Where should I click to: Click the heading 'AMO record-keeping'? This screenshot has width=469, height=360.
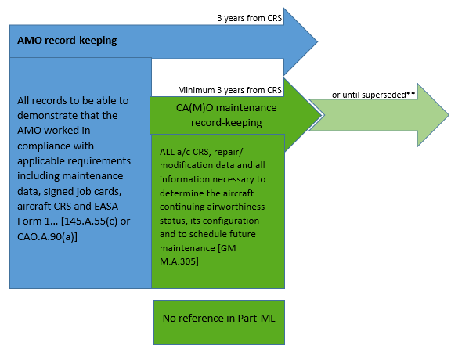pos(67,41)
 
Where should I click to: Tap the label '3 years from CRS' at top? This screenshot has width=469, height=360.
pos(250,18)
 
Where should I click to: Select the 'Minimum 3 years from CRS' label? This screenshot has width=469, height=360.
pos(229,90)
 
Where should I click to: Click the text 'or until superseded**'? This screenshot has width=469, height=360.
pos(373,95)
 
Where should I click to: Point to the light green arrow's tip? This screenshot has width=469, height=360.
pos(449,115)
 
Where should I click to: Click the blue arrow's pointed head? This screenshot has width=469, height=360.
pos(317,41)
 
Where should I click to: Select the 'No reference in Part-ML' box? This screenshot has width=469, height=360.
pos(219,322)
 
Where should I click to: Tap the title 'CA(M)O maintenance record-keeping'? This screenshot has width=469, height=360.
pos(226,115)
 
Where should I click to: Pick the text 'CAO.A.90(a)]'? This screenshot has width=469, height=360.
pos(47,236)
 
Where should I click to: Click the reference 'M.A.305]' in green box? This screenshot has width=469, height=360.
pos(179,261)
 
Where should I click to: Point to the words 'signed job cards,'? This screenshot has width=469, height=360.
pos(83,192)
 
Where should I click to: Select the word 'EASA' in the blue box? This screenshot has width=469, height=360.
pos(106,207)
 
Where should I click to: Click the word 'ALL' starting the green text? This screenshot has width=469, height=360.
pos(167,152)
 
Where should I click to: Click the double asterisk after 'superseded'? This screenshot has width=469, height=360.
pos(411,93)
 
